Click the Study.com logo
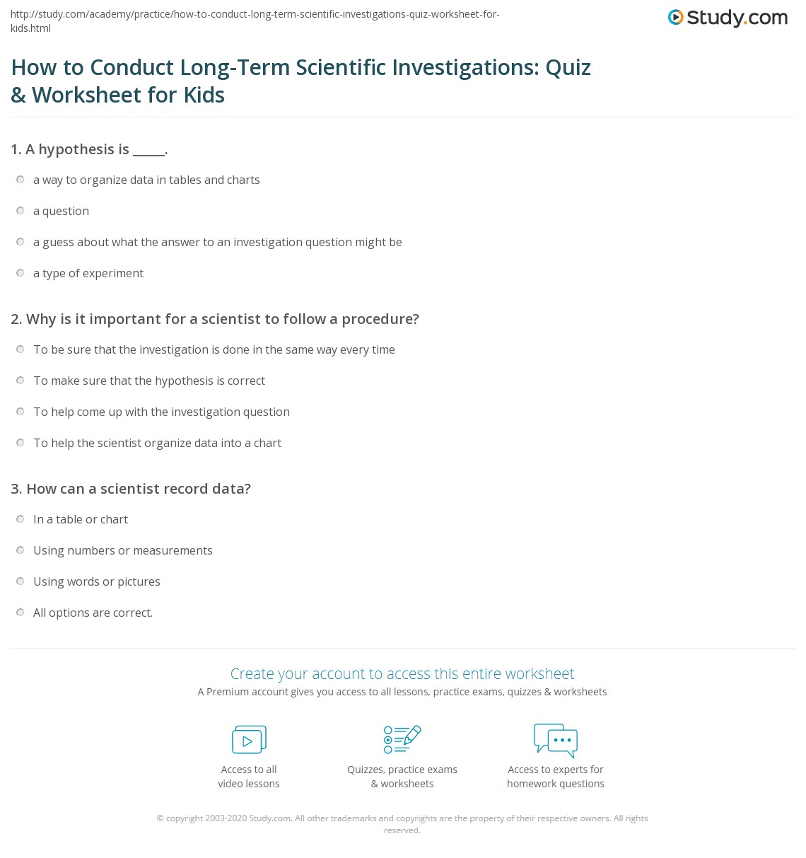click(728, 18)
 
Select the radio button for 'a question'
click(21, 211)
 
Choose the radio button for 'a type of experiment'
click(21, 273)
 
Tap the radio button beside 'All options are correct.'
click(21, 613)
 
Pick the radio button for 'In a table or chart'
click(21, 519)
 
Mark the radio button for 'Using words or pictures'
click(21, 581)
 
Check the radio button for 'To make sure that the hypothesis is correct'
click(21, 381)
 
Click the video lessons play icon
click(249, 740)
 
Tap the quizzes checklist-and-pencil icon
click(402, 740)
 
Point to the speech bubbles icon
click(556, 740)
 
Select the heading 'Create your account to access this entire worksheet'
click(402, 673)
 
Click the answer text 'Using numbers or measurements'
click(122, 550)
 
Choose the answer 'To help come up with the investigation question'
click(161, 412)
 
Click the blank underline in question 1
click(148, 151)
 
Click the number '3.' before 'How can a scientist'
click(16, 489)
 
